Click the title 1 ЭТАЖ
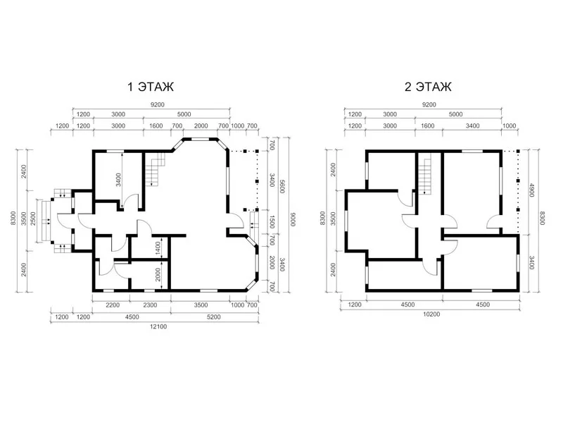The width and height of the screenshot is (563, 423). pos(151,87)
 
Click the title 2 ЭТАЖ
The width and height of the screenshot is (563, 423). pos(428,87)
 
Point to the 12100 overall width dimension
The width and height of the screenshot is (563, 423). pos(158,326)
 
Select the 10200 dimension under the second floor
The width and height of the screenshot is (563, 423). pos(431,314)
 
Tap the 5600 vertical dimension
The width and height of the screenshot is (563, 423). pos(282,186)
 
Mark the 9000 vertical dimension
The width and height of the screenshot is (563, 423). pos(293,219)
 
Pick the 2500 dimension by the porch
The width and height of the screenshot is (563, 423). pos(33,219)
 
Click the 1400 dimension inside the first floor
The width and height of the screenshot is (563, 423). pos(158,248)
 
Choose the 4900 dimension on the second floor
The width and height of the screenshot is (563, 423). pos(532,190)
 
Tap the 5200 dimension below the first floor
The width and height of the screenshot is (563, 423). pos(214,317)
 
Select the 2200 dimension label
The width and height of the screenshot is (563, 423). pos(113,305)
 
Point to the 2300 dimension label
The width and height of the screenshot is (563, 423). pos(150,305)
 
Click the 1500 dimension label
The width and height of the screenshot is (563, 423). pos(272,222)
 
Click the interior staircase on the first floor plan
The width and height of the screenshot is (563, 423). pos(156,169)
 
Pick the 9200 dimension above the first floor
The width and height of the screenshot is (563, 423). pos(157,104)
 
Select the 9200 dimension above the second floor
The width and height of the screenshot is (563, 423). pos(429,104)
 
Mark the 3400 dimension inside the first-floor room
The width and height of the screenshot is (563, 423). pos(118,180)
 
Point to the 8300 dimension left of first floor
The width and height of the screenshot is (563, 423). pos(13,219)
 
